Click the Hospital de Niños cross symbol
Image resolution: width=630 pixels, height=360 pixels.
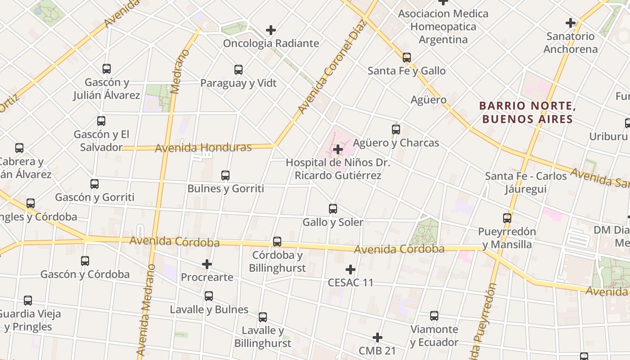pos(338,149)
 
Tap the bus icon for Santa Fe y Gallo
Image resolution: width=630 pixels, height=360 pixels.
pos(407,58)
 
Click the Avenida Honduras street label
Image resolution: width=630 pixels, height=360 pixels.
pos(203,148)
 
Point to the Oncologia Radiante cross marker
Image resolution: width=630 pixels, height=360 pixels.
pos(271,30)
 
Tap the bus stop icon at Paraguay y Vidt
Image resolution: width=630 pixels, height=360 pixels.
pos(238,70)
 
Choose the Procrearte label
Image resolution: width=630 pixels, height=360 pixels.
pos(207,277)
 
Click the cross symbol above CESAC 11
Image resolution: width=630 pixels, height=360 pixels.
pos(351,270)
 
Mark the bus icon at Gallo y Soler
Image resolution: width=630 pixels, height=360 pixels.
pos(333,209)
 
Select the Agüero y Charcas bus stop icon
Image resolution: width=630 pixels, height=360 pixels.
pos(396,130)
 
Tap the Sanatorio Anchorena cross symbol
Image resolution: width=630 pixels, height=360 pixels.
pos(571,22)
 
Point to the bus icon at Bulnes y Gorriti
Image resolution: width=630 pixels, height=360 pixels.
pos(225,175)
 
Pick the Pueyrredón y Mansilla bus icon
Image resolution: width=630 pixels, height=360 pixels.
pos(507,218)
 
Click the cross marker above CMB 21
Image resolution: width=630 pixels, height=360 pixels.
pos(378,337)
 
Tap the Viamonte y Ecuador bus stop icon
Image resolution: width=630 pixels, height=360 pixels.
pos(434,316)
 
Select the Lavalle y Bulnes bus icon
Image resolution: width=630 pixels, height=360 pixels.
pos(209,296)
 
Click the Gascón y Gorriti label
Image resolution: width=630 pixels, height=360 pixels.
pos(94,197)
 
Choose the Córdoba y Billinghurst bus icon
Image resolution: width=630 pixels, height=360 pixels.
pos(277,242)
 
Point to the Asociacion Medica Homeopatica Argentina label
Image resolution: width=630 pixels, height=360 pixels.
pos(443,27)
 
